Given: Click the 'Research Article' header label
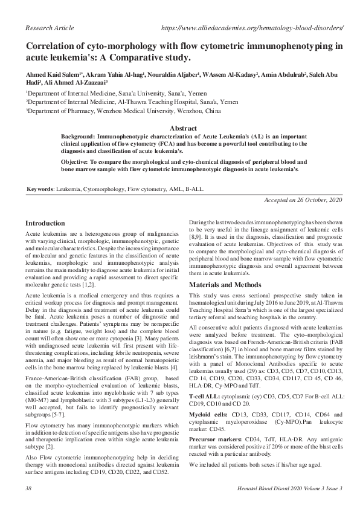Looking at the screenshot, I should tap(47, 28).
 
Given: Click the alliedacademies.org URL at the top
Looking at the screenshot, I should tap(253, 28).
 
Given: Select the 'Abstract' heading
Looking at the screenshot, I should tap(184, 129).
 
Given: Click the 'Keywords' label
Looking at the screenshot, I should tap(39, 190).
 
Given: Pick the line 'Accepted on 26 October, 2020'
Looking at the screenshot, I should tap(304, 200).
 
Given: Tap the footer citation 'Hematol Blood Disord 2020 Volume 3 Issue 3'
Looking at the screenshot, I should tap(289, 488).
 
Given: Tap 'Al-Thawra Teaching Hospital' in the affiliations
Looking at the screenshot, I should tap(164, 103).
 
